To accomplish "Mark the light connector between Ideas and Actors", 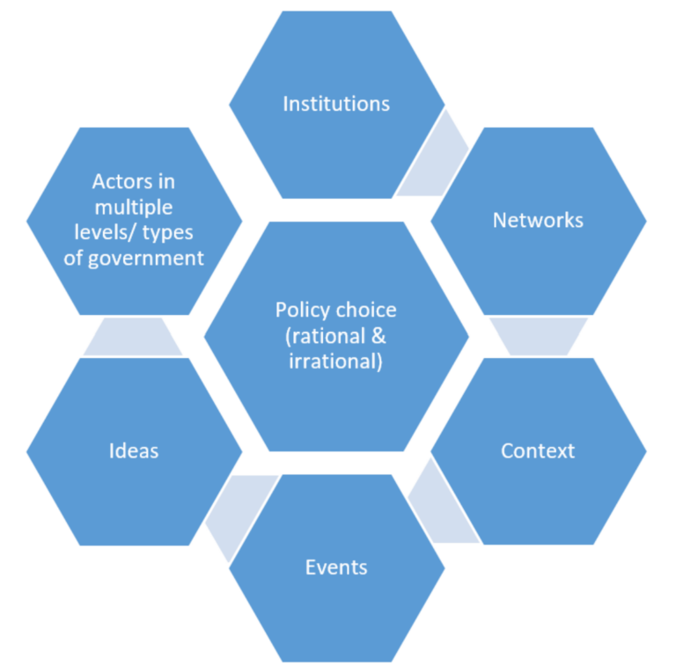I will tap(133, 336).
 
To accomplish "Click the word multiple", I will tap(133, 207).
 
